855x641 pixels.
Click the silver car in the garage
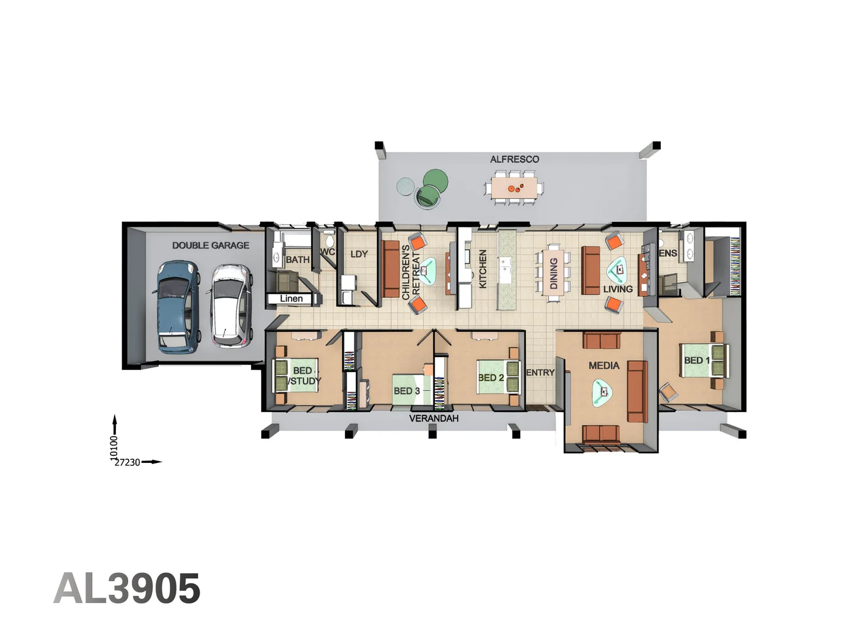click(x=232, y=306)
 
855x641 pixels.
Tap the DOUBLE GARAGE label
click(x=211, y=246)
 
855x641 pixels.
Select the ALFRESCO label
click(x=515, y=159)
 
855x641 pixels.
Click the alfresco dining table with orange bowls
click(x=514, y=188)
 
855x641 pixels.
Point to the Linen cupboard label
click(x=292, y=299)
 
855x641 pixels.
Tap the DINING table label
click(x=553, y=273)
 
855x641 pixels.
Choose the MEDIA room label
click(x=604, y=366)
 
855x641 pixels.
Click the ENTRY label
click(x=540, y=373)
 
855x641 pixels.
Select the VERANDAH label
click(x=434, y=418)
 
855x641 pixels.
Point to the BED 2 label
click(x=491, y=377)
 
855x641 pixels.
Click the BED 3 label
click(x=407, y=391)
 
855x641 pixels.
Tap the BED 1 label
click(x=697, y=360)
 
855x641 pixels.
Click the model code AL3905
click(x=127, y=589)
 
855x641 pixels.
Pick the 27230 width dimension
click(x=127, y=462)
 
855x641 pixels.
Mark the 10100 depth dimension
click(x=114, y=448)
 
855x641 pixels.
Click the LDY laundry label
click(x=359, y=254)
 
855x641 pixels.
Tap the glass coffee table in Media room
click(x=602, y=393)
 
